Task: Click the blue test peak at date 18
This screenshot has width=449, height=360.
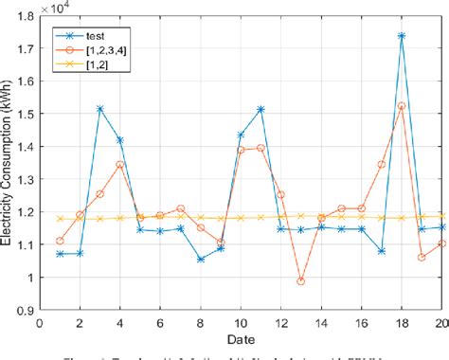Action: [402, 36]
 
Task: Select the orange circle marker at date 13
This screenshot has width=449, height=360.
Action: [301, 280]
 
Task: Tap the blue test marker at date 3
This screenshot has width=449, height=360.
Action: [99, 109]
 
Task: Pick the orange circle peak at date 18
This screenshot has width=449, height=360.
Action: [402, 106]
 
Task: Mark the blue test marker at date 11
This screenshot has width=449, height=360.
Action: [260, 109]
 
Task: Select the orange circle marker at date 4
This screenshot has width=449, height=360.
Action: [120, 164]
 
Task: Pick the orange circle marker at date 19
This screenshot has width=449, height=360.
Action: [422, 257]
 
